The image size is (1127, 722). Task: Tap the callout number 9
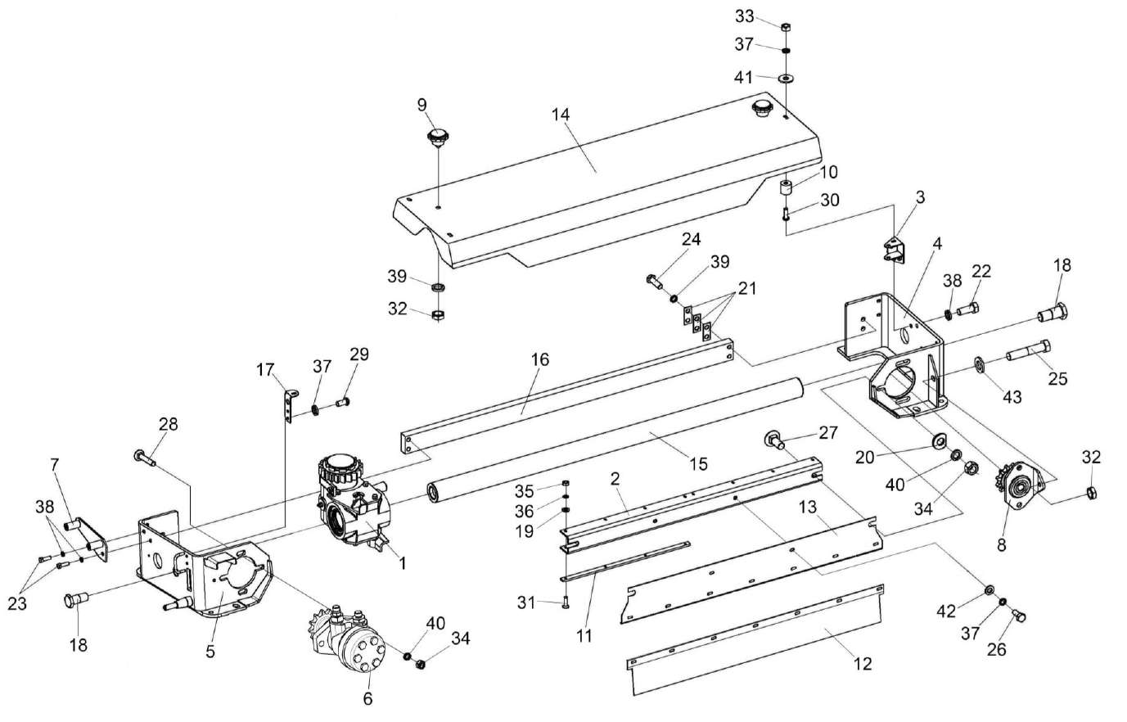point(422,106)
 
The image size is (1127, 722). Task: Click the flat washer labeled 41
point(786,79)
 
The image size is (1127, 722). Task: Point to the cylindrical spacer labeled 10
point(786,189)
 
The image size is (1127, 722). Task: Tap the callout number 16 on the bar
point(540,359)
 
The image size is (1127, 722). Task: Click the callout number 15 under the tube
point(698,464)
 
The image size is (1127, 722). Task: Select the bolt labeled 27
point(773,439)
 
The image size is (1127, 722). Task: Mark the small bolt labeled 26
point(1020,615)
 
